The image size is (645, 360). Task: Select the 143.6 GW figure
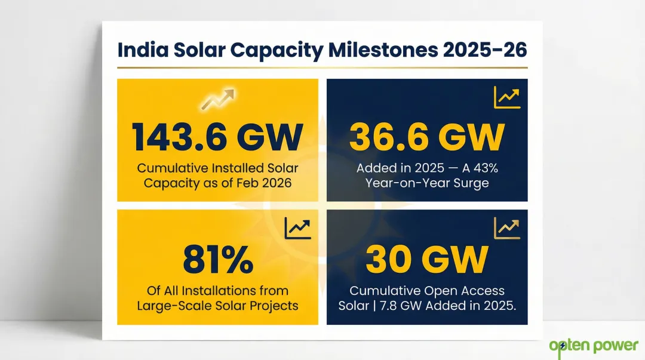click(217, 137)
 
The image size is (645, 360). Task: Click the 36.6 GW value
click(426, 137)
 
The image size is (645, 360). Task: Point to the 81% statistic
click(217, 260)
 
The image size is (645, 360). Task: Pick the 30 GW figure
click(426, 260)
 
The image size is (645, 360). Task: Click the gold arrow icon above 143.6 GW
click(218, 99)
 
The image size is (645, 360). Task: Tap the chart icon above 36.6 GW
click(507, 97)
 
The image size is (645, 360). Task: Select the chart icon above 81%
click(297, 227)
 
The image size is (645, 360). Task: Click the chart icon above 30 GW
click(507, 227)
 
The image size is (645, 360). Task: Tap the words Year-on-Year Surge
click(426, 183)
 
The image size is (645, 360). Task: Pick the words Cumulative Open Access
click(426, 291)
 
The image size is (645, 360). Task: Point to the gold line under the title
click(322, 67)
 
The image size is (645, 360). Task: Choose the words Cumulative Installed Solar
click(217, 168)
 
